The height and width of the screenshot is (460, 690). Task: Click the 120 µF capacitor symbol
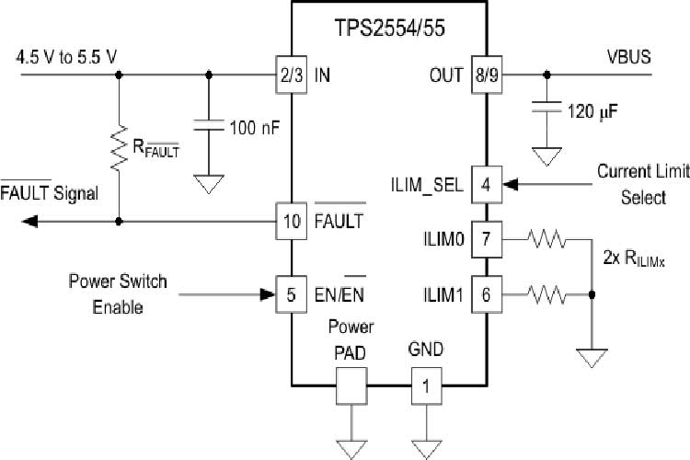click(548, 109)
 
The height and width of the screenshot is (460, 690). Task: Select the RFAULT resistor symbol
click(119, 148)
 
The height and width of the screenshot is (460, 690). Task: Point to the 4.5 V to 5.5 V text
click(66, 57)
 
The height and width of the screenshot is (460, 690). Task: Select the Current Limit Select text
click(630, 184)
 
